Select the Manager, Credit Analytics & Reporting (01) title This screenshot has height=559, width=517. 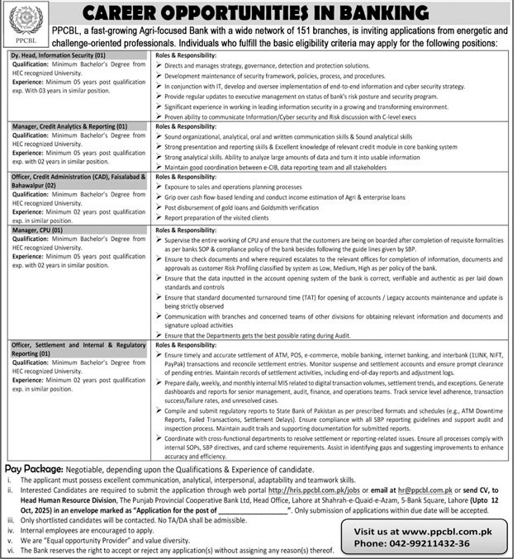click(x=69, y=126)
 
